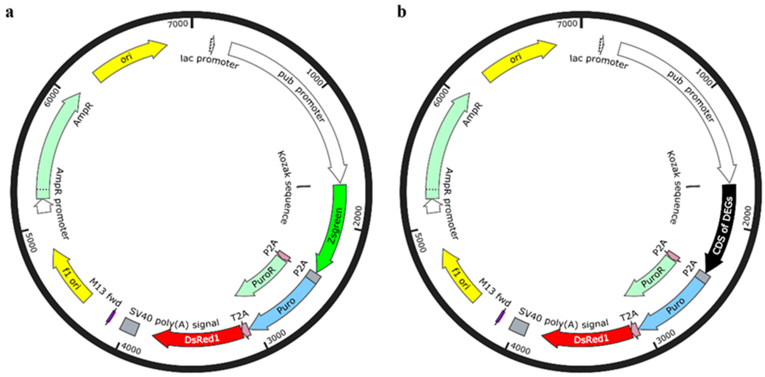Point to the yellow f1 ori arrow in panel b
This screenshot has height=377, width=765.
point(461,276)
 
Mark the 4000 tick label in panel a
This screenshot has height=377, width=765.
point(131,350)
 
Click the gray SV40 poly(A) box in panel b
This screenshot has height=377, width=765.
point(519,327)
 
